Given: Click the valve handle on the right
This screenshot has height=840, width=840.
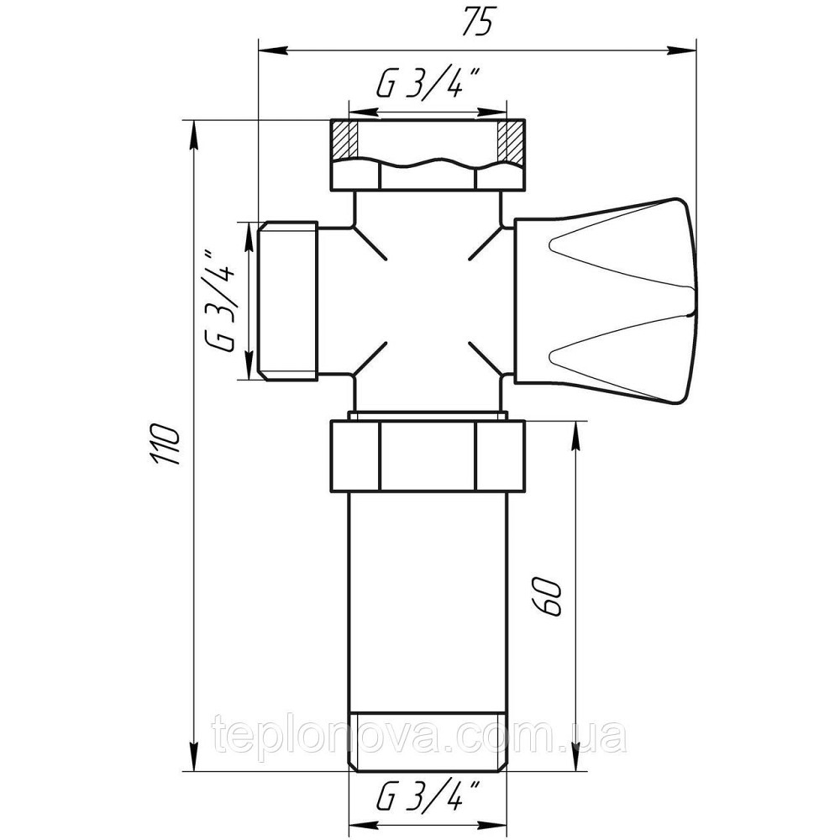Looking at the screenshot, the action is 606,301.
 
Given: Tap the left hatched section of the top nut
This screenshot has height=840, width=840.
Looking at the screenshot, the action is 344,140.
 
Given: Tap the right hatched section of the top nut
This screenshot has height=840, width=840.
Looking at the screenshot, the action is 510,140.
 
